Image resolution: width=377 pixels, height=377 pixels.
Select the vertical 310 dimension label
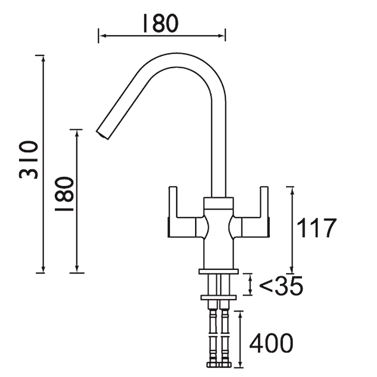pos(29,160)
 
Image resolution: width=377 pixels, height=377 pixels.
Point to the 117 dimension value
pos(316,228)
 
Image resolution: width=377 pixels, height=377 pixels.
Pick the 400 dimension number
pos(271,344)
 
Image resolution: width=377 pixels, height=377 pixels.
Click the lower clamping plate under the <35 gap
pos(218,298)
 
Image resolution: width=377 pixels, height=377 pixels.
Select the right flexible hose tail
pos(225,334)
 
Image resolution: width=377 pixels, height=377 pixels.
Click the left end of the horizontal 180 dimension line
pos(100,36)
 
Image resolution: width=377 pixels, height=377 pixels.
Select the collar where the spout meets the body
pos(218,202)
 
